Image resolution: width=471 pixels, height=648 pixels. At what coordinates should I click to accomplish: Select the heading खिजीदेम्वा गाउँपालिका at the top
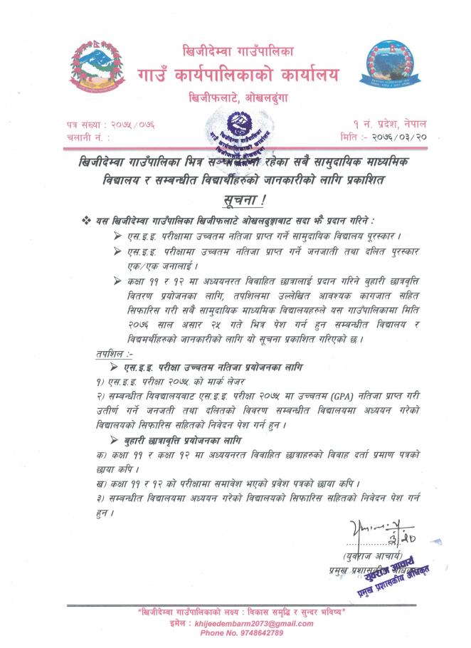click(239, 52)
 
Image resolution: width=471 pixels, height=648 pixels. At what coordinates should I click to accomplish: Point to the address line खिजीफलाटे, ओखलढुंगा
click(239, 97)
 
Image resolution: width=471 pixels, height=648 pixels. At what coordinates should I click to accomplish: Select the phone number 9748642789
click(242, 632)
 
